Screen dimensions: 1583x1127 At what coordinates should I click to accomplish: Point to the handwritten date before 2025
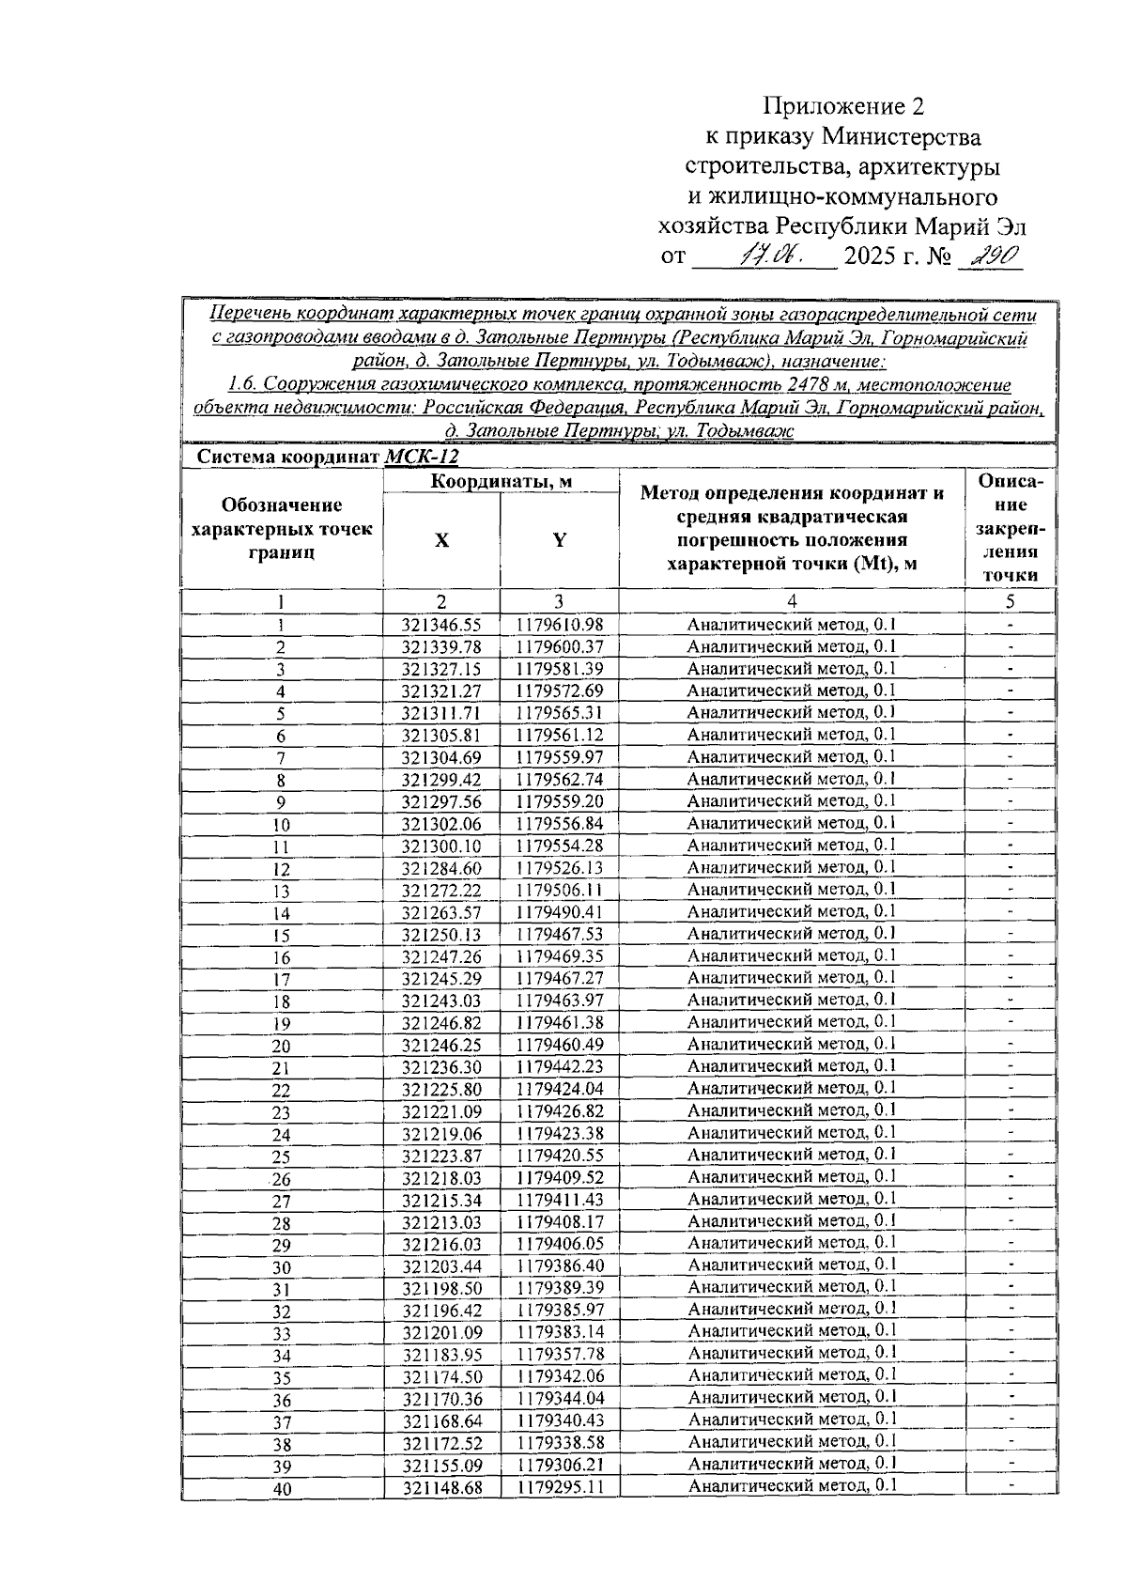click(x=769, y=255)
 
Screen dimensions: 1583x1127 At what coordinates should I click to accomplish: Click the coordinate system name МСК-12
click(x=422, y=458)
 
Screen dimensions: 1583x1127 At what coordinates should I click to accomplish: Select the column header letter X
click(x=441, y=541)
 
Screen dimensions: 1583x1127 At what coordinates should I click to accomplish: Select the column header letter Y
click(x=559, y=540)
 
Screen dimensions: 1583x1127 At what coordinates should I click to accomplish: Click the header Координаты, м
click(x=502, y=482)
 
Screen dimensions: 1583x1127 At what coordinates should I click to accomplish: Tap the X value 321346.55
click(x=441, y=625)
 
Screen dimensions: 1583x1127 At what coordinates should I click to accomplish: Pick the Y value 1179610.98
click(x=559, y=625)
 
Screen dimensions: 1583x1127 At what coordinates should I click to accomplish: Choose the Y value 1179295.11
click(x=559, y=1487)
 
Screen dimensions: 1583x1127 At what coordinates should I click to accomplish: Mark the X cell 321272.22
click(x=441, y=890)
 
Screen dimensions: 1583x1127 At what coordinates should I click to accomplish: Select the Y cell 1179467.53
click(x=559, y=934)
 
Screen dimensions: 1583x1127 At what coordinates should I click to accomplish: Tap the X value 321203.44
click(x=441, y=1266)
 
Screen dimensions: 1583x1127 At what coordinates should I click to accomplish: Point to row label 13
click(x=281, y=892)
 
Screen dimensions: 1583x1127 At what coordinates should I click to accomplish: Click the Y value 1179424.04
click(x=559, y=1089)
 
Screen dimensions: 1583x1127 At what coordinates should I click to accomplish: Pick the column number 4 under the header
click(x=791, y=601)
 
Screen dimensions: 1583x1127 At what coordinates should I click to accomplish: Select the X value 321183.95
click(x=441, y=1355)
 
